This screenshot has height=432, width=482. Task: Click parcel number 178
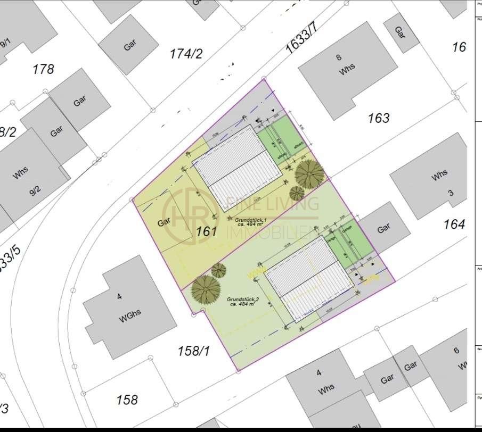pyautogui.click(x=43, y=69)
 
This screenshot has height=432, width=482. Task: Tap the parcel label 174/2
pyautogui.click(x=186, y=53)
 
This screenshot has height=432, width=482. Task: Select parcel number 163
pyautogui.click(x=379, y=118)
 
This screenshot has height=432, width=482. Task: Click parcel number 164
pyautogui.click(x=454, y=224)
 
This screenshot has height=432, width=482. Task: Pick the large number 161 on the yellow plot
pyautogui.click(x=206, y=231)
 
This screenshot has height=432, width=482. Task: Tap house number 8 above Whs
pyautogui.click(x=339, y=57)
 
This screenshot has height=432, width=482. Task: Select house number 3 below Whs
pyautogui.click(x=450, y=193)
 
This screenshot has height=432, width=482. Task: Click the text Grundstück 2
pyautogui.click(x=242, y=299)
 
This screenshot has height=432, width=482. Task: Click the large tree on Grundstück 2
pyautogui.click(x=206, y=289)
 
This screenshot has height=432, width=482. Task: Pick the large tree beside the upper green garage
pyautogui.click(x=309, y=173)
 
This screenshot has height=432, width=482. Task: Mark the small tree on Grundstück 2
pyautogui.click(x=218, y=271)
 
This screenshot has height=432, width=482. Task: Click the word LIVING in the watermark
pyautogui.click(x=296, y=204)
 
